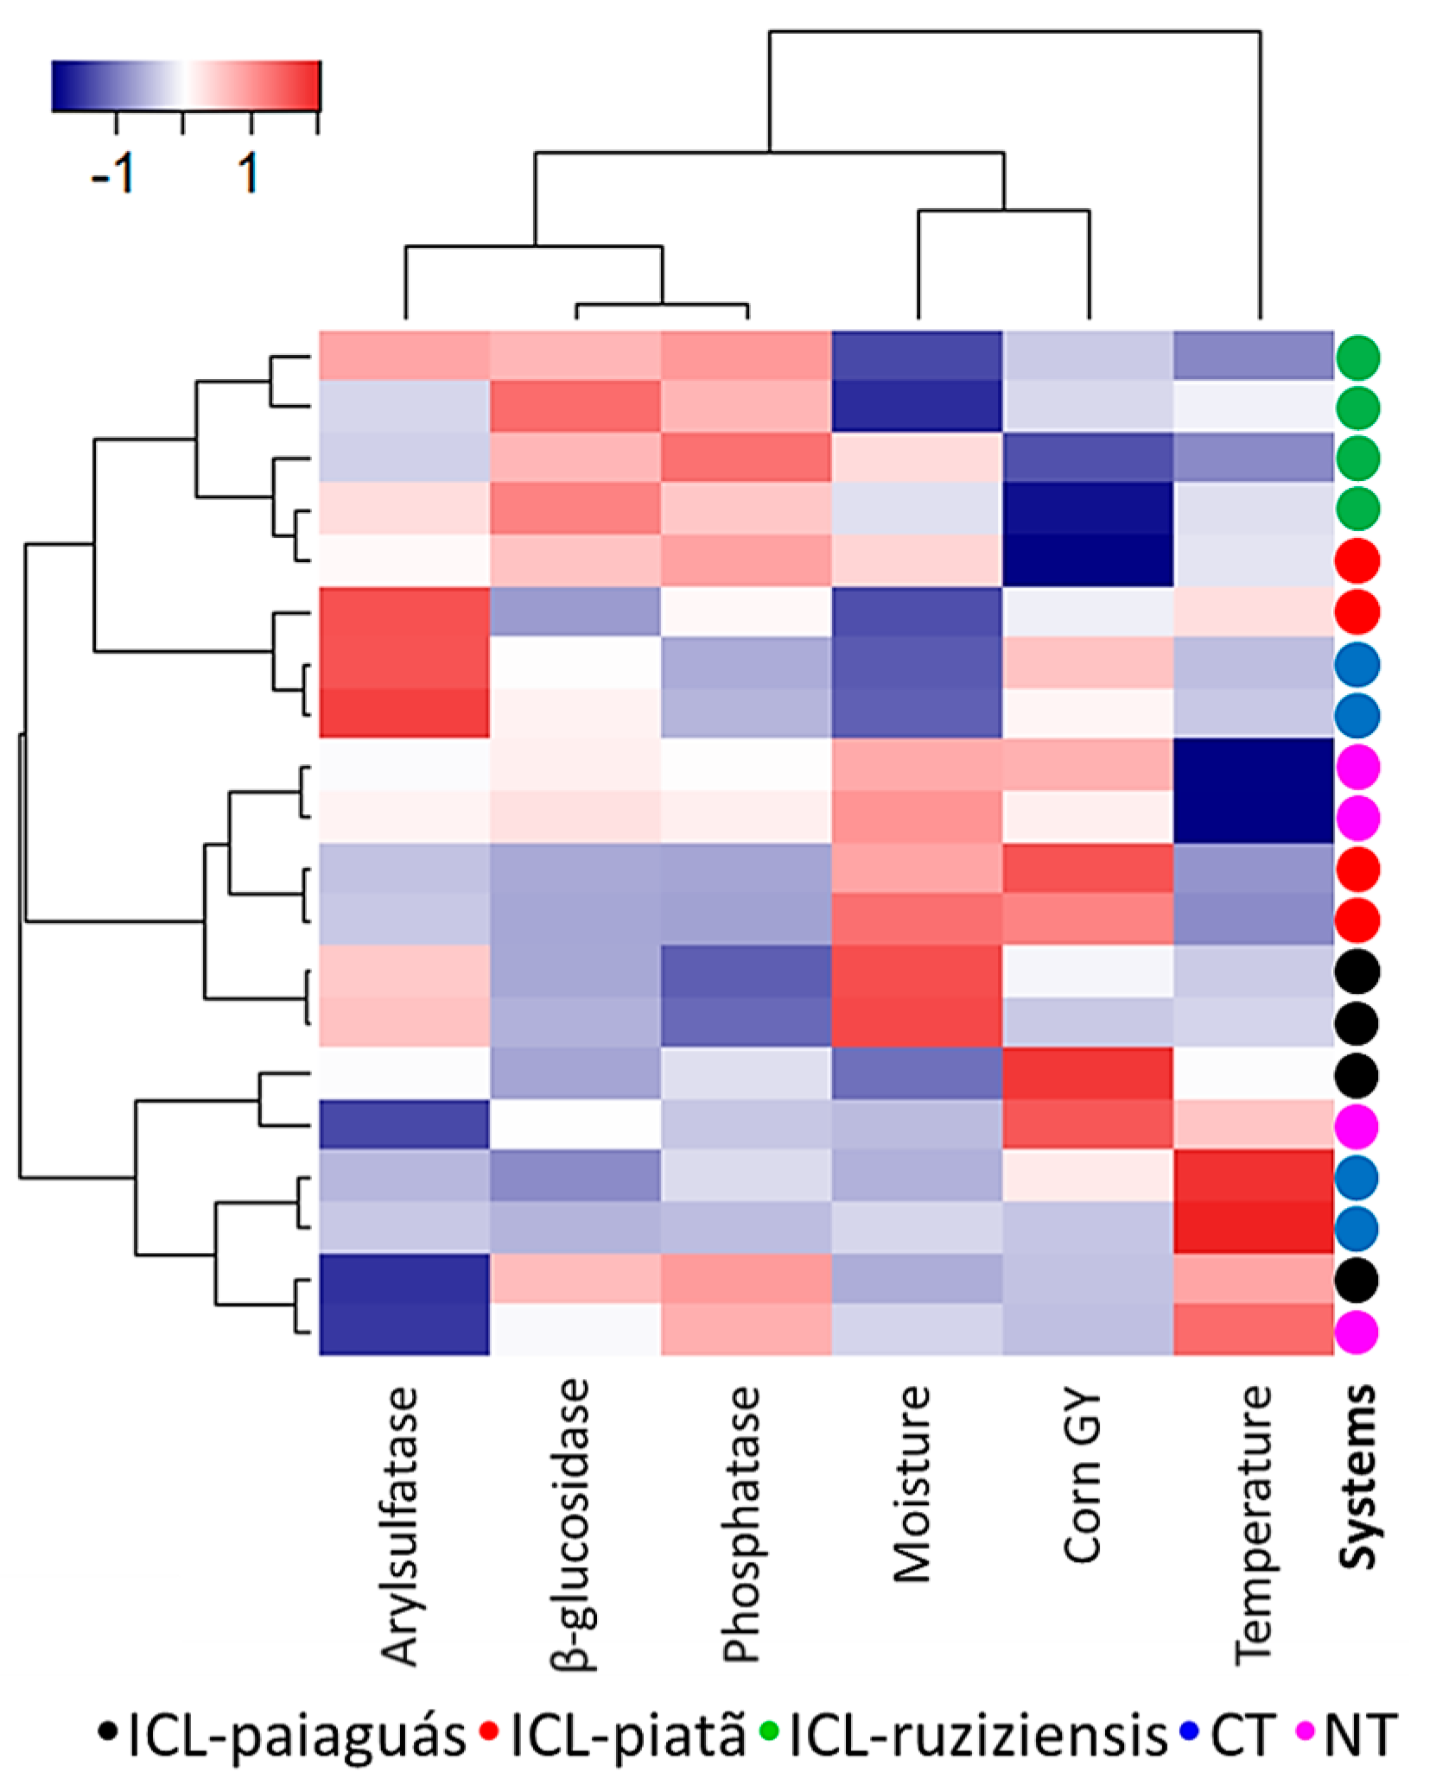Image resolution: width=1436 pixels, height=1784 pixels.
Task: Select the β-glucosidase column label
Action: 571,1524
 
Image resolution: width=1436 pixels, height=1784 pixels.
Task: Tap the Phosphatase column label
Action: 742,1524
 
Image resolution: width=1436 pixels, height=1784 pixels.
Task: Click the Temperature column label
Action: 1254,1525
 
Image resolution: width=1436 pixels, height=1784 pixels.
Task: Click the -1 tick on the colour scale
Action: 114,173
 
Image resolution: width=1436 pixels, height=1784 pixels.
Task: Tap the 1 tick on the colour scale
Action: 249,173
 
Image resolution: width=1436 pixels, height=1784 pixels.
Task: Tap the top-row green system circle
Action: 1357,357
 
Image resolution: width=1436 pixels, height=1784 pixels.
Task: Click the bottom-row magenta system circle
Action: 1357,1332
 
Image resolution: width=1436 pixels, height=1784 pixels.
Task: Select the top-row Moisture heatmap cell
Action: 917,355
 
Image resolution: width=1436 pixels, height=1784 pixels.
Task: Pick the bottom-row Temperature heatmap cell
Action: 1253,1330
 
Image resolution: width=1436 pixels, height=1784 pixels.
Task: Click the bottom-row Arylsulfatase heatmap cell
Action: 404,1330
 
